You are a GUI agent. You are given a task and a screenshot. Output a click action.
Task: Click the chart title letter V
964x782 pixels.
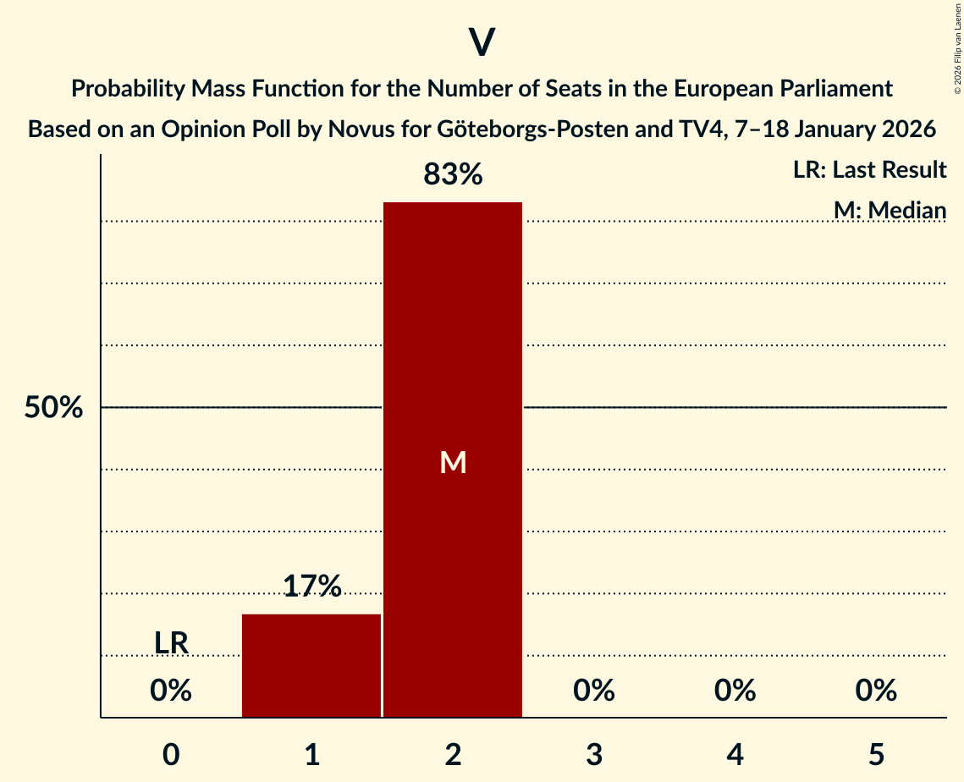[481, 42]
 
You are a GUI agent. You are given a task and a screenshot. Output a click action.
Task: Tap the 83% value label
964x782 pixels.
[453, 175]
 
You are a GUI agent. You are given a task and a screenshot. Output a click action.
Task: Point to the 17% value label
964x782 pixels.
[311, 586]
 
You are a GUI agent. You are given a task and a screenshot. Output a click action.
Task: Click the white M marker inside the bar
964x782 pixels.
[453, 462]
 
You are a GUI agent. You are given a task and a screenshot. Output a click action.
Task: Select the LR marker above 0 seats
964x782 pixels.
[171, 643]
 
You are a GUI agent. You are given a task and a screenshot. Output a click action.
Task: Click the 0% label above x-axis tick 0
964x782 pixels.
[171, 691]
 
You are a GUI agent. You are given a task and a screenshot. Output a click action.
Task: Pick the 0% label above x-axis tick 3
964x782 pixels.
[593, 691]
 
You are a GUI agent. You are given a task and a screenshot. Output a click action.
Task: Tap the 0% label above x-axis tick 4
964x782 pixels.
[735, 691]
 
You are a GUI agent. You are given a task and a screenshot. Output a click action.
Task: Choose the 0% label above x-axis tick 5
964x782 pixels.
[875, 691]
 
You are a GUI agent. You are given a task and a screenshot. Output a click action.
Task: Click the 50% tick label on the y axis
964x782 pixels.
[53, 408]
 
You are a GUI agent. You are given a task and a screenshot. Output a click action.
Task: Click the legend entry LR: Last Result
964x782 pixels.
[869, 170]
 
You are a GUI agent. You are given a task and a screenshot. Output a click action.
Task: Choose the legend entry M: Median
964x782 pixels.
[890, 210]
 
